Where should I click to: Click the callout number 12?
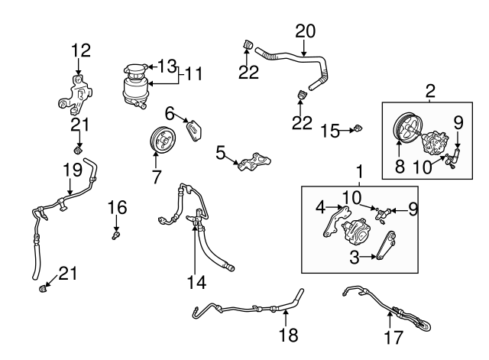click(81, 50)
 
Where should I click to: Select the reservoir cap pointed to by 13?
click(135, 69)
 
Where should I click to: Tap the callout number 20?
click(306, 31)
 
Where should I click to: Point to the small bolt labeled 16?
click(115, 235)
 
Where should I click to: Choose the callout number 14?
click(196, 282)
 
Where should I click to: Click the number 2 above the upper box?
click(430, 91)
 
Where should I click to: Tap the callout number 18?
click(289, 335)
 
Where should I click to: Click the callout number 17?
click(393, 337)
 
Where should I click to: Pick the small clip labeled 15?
click(358, 128)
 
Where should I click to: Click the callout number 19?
click(73, 170)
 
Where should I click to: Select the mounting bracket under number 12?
click(76, 95)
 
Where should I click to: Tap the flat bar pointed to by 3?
click(386, 245)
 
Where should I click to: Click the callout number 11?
click(193, 75)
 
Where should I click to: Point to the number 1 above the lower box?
click(360, 172)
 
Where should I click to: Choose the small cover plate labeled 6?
click(194, 131)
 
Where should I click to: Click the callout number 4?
click(320, 207)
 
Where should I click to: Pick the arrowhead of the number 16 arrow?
click(116, 229)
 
